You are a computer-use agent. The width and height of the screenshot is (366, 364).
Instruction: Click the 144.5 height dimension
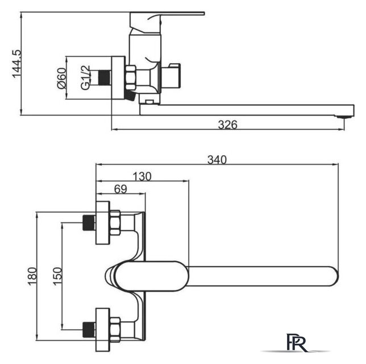click(x=17, y=64)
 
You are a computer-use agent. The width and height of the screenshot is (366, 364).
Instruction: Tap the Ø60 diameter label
click(x=62, y=78)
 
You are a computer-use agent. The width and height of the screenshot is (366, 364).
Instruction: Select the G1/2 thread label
click(x=85, y=77)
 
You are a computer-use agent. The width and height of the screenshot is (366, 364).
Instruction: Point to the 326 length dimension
click(x=227, y=125)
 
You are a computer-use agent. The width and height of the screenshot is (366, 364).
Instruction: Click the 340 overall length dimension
click(x=217, y=160)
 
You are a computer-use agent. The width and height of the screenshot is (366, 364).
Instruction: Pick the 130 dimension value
click(x=142, y=176)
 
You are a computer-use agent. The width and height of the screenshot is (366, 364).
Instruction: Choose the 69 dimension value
click(x=120, y=189)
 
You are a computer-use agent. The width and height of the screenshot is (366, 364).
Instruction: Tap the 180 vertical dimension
click(x=32, y=276)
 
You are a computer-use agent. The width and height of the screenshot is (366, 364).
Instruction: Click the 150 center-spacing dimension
click(x=57, y=276)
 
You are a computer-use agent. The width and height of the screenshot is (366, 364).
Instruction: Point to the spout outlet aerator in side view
click(x=344, y=117)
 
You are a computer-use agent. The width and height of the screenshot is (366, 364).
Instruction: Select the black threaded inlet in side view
click(x=104, y=77)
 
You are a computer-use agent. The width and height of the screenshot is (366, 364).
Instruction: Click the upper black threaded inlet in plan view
click(x=89, y=222)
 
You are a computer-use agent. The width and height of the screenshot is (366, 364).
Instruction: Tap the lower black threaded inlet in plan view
click(x=89, y=330)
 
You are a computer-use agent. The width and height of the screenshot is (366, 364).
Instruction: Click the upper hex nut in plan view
click(x=115, y=222)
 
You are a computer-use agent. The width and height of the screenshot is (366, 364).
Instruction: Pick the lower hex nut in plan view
click(x=115, y=330)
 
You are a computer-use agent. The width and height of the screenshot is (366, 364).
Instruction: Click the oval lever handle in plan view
click(x=152, y=276)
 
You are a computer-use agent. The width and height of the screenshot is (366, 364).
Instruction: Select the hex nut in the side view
click(x=131, y=77)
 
